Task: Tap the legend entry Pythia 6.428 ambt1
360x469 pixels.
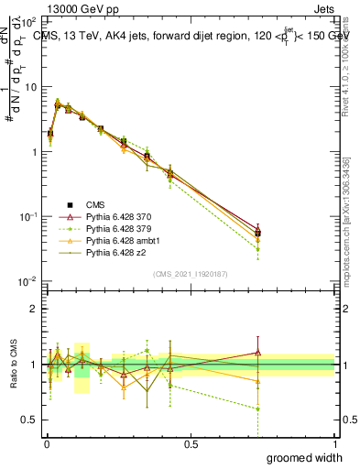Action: click(x=119, y=238)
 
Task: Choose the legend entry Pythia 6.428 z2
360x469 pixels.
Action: click(x=114, y=249)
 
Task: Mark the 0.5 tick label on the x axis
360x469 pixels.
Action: click(x=191, y=443)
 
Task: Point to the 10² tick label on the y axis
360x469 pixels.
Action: click(x=28, y=21)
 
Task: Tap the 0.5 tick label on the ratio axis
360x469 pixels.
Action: click(x=30, y=420)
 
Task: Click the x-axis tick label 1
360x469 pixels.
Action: click(x=334, y=443)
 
